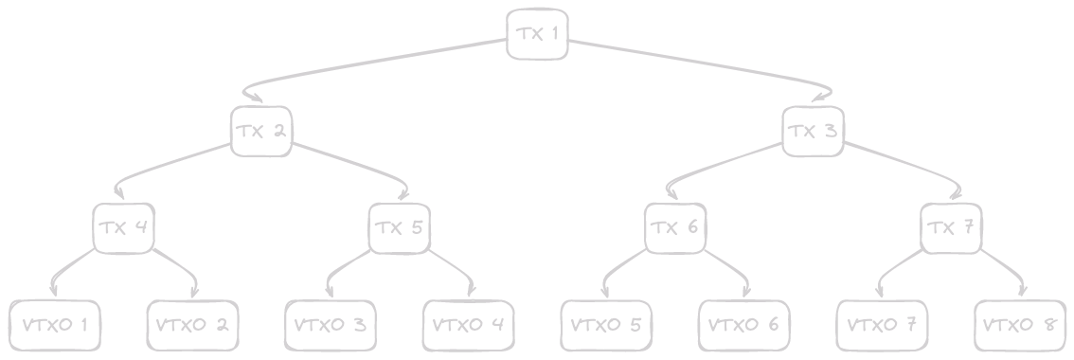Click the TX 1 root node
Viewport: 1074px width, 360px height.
537,34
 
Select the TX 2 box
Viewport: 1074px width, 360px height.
260,131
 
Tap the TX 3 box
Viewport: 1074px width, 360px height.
813,131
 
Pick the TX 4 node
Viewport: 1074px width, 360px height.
123,227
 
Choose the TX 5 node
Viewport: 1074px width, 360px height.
399,227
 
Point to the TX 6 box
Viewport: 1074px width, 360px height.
675,227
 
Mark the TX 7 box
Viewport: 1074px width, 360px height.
951,227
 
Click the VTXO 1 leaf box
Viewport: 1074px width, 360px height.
54,325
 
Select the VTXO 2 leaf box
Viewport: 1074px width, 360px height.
192,325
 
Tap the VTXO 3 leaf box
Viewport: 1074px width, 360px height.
330,325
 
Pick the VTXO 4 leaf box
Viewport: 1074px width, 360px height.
468,325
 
